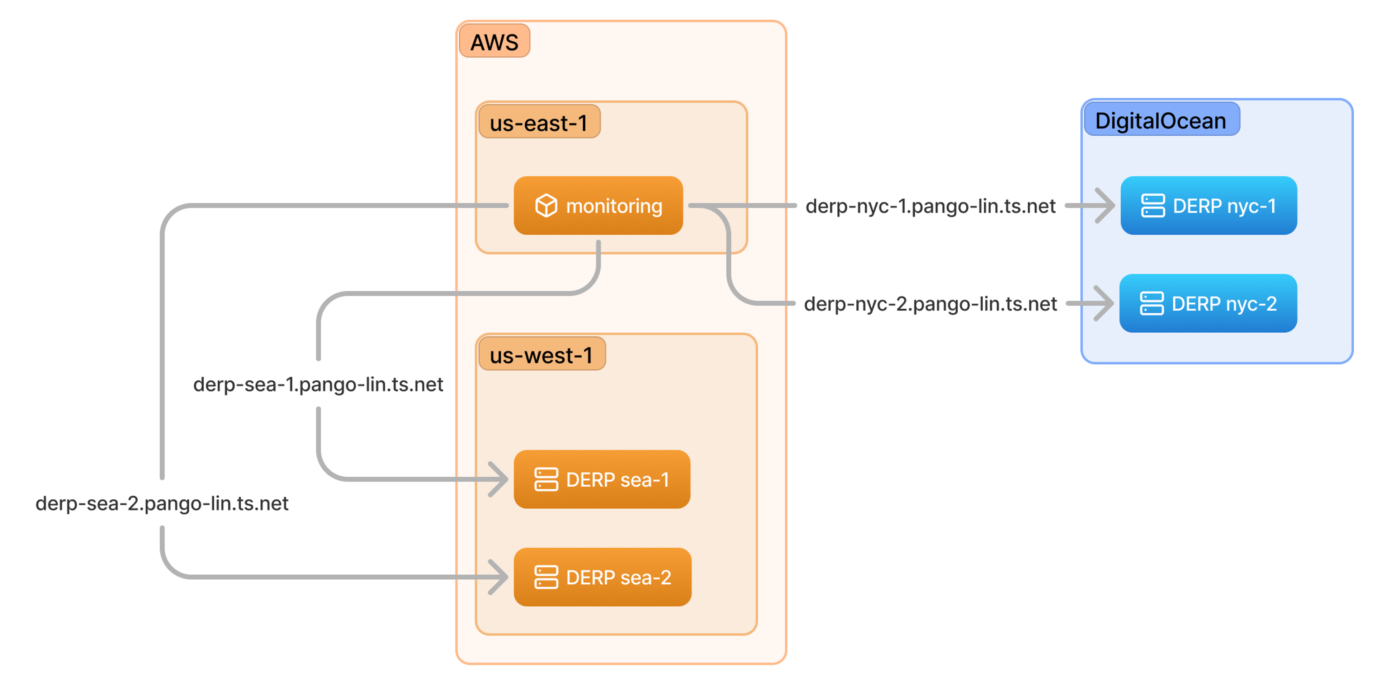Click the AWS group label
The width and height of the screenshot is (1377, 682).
(x=494, y=41)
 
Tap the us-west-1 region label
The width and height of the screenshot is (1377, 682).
(x=541, y=355)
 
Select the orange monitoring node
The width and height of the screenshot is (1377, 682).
(x=598, y=205)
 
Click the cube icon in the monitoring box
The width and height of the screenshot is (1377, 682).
(x=546, y=205)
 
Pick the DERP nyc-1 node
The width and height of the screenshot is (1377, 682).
(x=1208, y=205)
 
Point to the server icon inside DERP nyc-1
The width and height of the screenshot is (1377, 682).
(x=1153, y=205)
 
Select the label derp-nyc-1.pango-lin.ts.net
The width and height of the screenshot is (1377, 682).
(x=930, y=206)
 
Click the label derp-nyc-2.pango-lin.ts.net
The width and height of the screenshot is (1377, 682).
(x=930, y=304)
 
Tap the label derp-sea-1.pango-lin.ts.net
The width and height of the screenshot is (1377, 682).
(x=318, y=384)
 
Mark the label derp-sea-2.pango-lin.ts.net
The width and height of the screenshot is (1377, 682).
(x=162, y=503)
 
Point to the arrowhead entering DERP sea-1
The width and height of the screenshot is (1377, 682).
(x=498, y=479)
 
